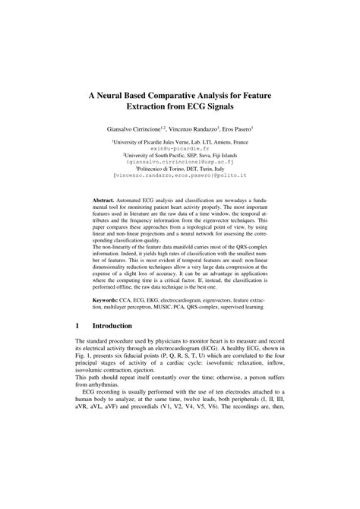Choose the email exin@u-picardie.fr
pos(180,150)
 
